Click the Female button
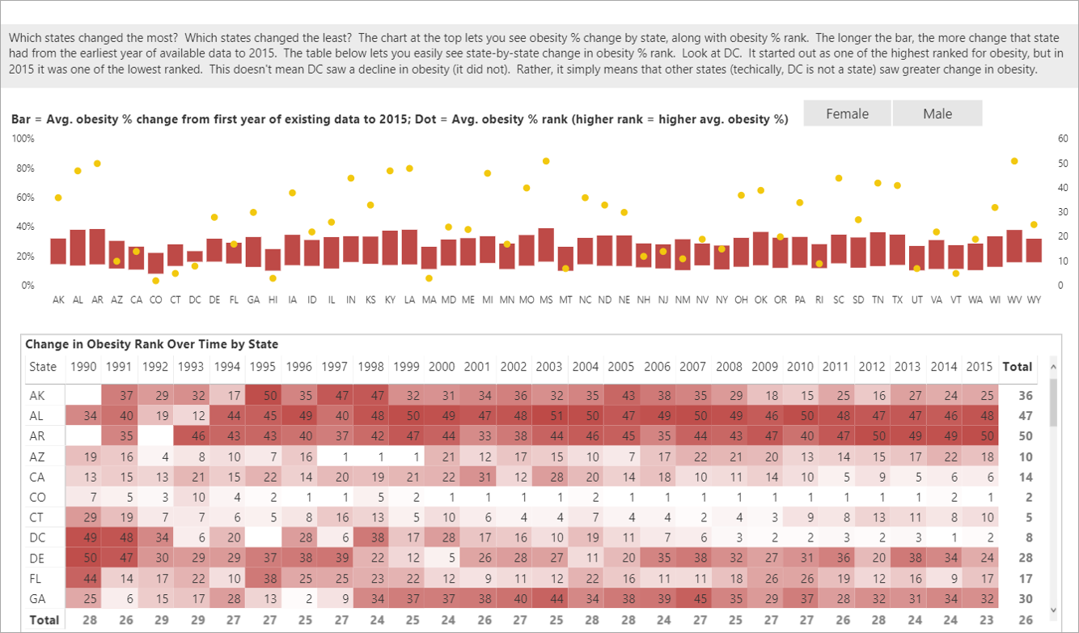pos(847,113)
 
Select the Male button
pos(937,113)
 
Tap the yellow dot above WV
pos(1014,161)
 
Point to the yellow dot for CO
pos(155,280)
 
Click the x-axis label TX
pos(897,300)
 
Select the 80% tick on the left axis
pos(24,168)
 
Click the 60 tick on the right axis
pos(1063,138)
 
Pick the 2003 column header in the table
pos(549,367)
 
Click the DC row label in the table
pos(37,537)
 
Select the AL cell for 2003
pos(549,416)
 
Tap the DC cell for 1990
pos(83,537)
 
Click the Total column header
pos(1017,367)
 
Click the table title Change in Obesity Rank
pos(152,344)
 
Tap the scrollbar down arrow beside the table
pos(1053,610)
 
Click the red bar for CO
pos(155,262)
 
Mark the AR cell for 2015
pos(980,436)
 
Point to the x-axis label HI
pos(273,300)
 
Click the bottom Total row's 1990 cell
pos(83,620)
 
